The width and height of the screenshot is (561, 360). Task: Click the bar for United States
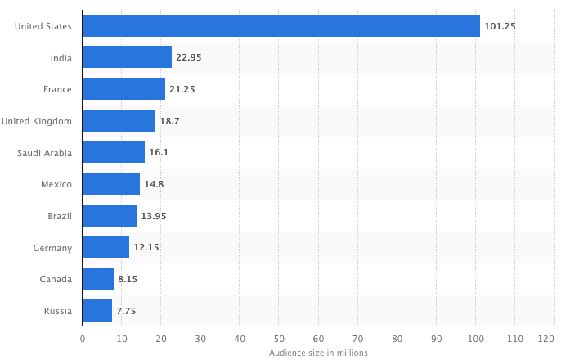point(281,26)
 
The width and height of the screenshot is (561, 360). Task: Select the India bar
point(127,57)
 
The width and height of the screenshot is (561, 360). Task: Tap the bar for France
point(123,89)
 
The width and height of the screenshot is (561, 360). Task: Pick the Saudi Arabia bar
point(114,152)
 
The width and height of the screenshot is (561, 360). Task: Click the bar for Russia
point(97,311)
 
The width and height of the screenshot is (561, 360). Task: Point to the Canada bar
point(98,279)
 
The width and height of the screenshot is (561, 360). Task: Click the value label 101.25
point(499,26)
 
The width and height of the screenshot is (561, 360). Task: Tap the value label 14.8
point(154,184)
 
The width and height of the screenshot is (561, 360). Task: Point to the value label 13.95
point(153,216)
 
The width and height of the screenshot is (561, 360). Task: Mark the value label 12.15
point(146,248)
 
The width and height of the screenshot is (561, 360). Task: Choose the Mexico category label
point(56,184)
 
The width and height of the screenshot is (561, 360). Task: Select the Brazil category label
point(59,216)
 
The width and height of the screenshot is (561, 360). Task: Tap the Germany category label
point(53,248)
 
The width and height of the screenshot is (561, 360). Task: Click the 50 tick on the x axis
point(279,338)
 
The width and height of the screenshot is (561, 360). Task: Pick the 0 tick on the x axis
point(83,338)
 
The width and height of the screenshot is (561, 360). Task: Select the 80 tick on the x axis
point(397,338)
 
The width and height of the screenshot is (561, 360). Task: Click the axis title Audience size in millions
point(318,353)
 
